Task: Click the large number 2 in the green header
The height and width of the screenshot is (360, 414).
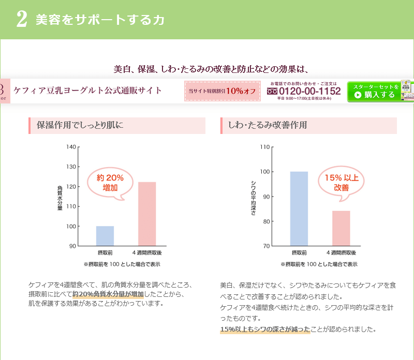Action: point(22,19)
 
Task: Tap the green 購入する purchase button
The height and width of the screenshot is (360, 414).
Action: point(379,92)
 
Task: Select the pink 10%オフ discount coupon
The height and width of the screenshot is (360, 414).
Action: point(222,91)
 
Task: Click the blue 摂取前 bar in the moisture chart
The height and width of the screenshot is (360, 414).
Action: point(105,236)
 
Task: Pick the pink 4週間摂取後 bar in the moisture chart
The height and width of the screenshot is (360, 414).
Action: point(147,214)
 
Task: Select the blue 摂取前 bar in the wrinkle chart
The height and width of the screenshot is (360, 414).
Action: point(299,208)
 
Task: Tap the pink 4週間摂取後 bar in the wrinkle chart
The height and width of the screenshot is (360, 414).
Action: point(341,228)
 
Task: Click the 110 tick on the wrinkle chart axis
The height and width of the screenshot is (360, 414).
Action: point(264,147)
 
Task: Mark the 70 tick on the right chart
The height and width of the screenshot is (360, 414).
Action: point(266,246)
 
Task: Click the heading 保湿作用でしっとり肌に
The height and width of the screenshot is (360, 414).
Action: point(80,125)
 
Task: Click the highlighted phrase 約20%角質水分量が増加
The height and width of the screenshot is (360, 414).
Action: point(108,294)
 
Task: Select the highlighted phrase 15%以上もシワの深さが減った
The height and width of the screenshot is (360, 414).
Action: point(265,329)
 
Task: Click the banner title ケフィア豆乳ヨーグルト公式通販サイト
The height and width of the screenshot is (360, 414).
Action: point(87,91)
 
